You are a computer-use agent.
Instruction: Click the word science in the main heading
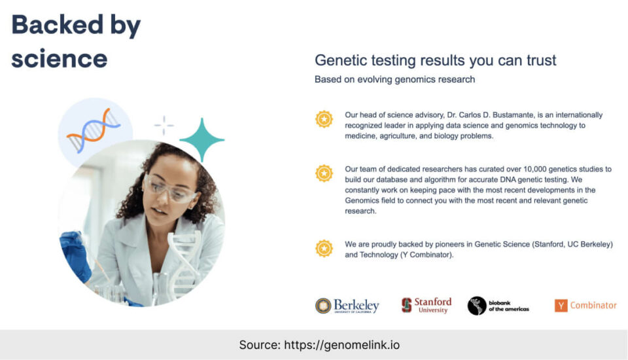tap(60, 59)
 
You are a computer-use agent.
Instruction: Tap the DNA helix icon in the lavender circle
tap(94, 131)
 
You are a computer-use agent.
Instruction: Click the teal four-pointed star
tap(202, 139)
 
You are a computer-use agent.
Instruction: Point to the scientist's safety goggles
tap(170, 189)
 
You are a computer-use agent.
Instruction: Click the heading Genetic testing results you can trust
tap(436, 60)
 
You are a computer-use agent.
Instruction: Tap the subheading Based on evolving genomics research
tap(394, 79)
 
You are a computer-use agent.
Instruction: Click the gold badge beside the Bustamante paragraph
tap(324, 119)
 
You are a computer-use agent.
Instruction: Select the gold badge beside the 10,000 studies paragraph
tap(324, 173)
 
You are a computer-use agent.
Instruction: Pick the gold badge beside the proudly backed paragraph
tap(324, 248)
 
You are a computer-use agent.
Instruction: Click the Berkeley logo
tap(347, 306)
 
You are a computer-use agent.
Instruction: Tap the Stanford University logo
tap(427, 305)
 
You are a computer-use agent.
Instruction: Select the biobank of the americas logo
tap(498, 306)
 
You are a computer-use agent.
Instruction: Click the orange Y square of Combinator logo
tap(561, 306)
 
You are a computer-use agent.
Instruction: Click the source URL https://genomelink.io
tap(341, 345)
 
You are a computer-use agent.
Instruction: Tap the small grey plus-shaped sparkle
tap(164, 126)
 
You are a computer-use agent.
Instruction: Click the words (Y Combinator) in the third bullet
tap(427, 255)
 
